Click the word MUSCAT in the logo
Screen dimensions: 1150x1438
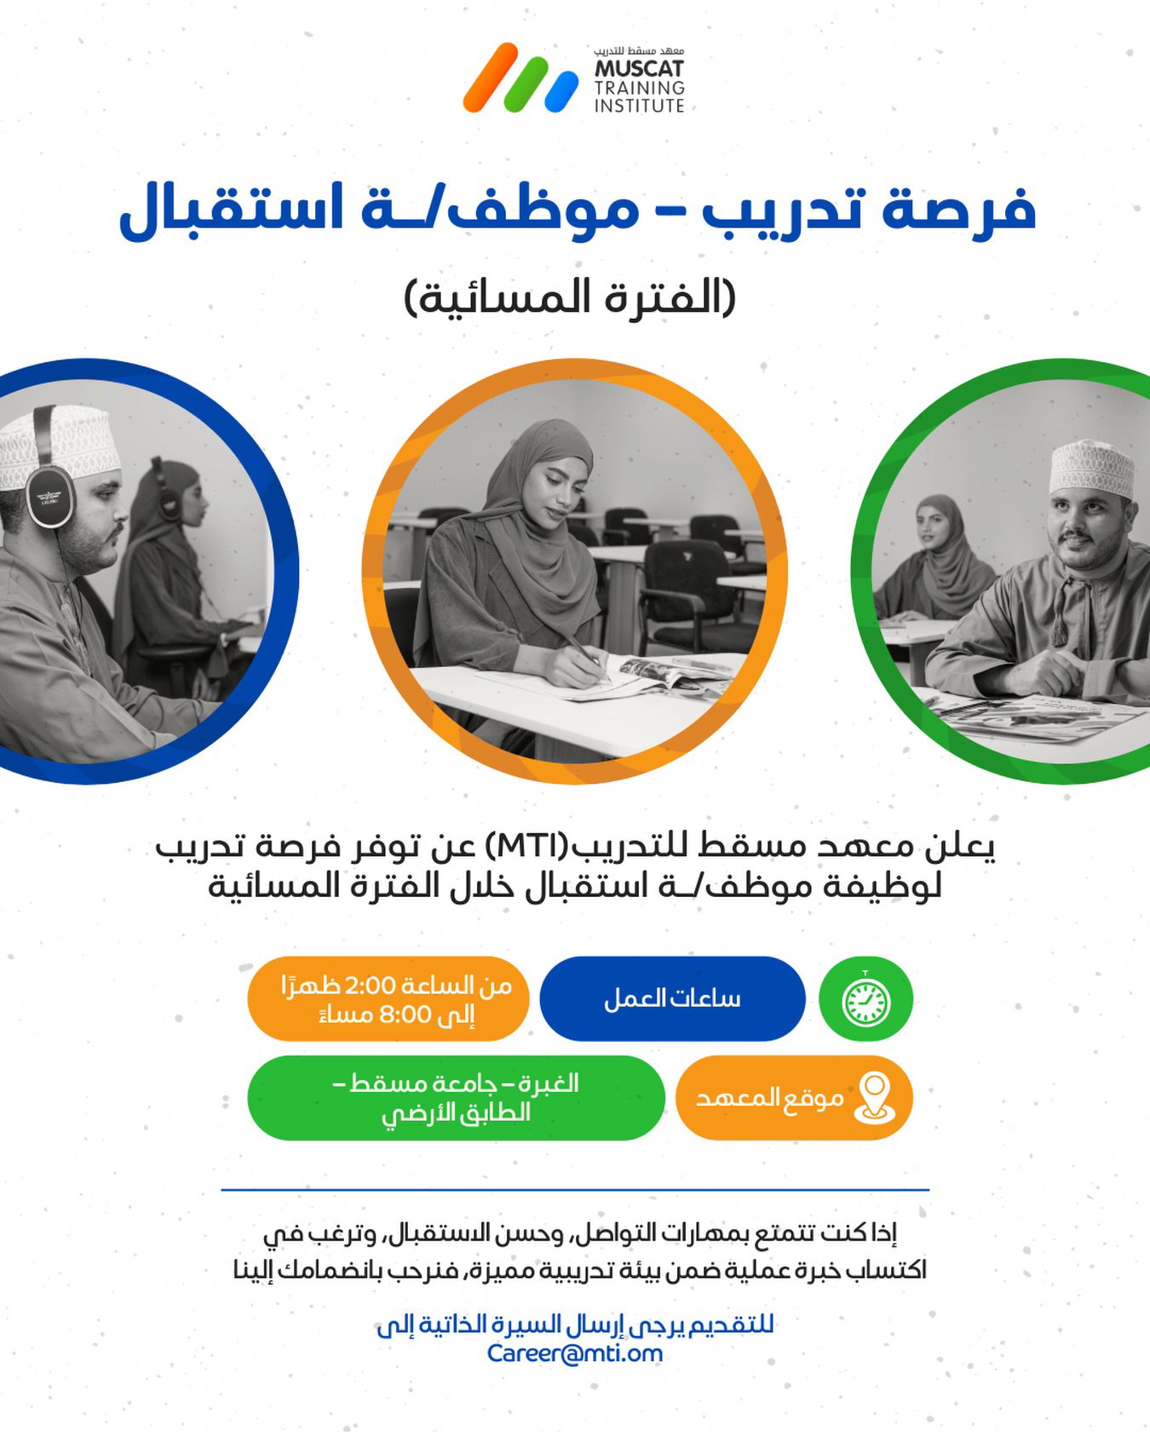[x=640, y=69]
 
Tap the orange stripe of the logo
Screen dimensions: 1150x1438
[x=491, y=78]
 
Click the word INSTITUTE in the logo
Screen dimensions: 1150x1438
[x=640, y=106]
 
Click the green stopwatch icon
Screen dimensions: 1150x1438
[x=865, y=998]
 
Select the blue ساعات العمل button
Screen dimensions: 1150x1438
[x=672, y=998]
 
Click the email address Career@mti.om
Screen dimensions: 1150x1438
[x=575, y=1353]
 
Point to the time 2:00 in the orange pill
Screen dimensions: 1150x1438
[x=371, y=986]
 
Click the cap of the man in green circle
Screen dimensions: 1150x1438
[x=1091, y=467]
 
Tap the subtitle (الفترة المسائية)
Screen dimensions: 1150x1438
[x=570, y=297]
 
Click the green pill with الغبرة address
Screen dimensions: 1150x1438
[x=456, y=1097]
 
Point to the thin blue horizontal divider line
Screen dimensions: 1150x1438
[x=575, y=1189]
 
